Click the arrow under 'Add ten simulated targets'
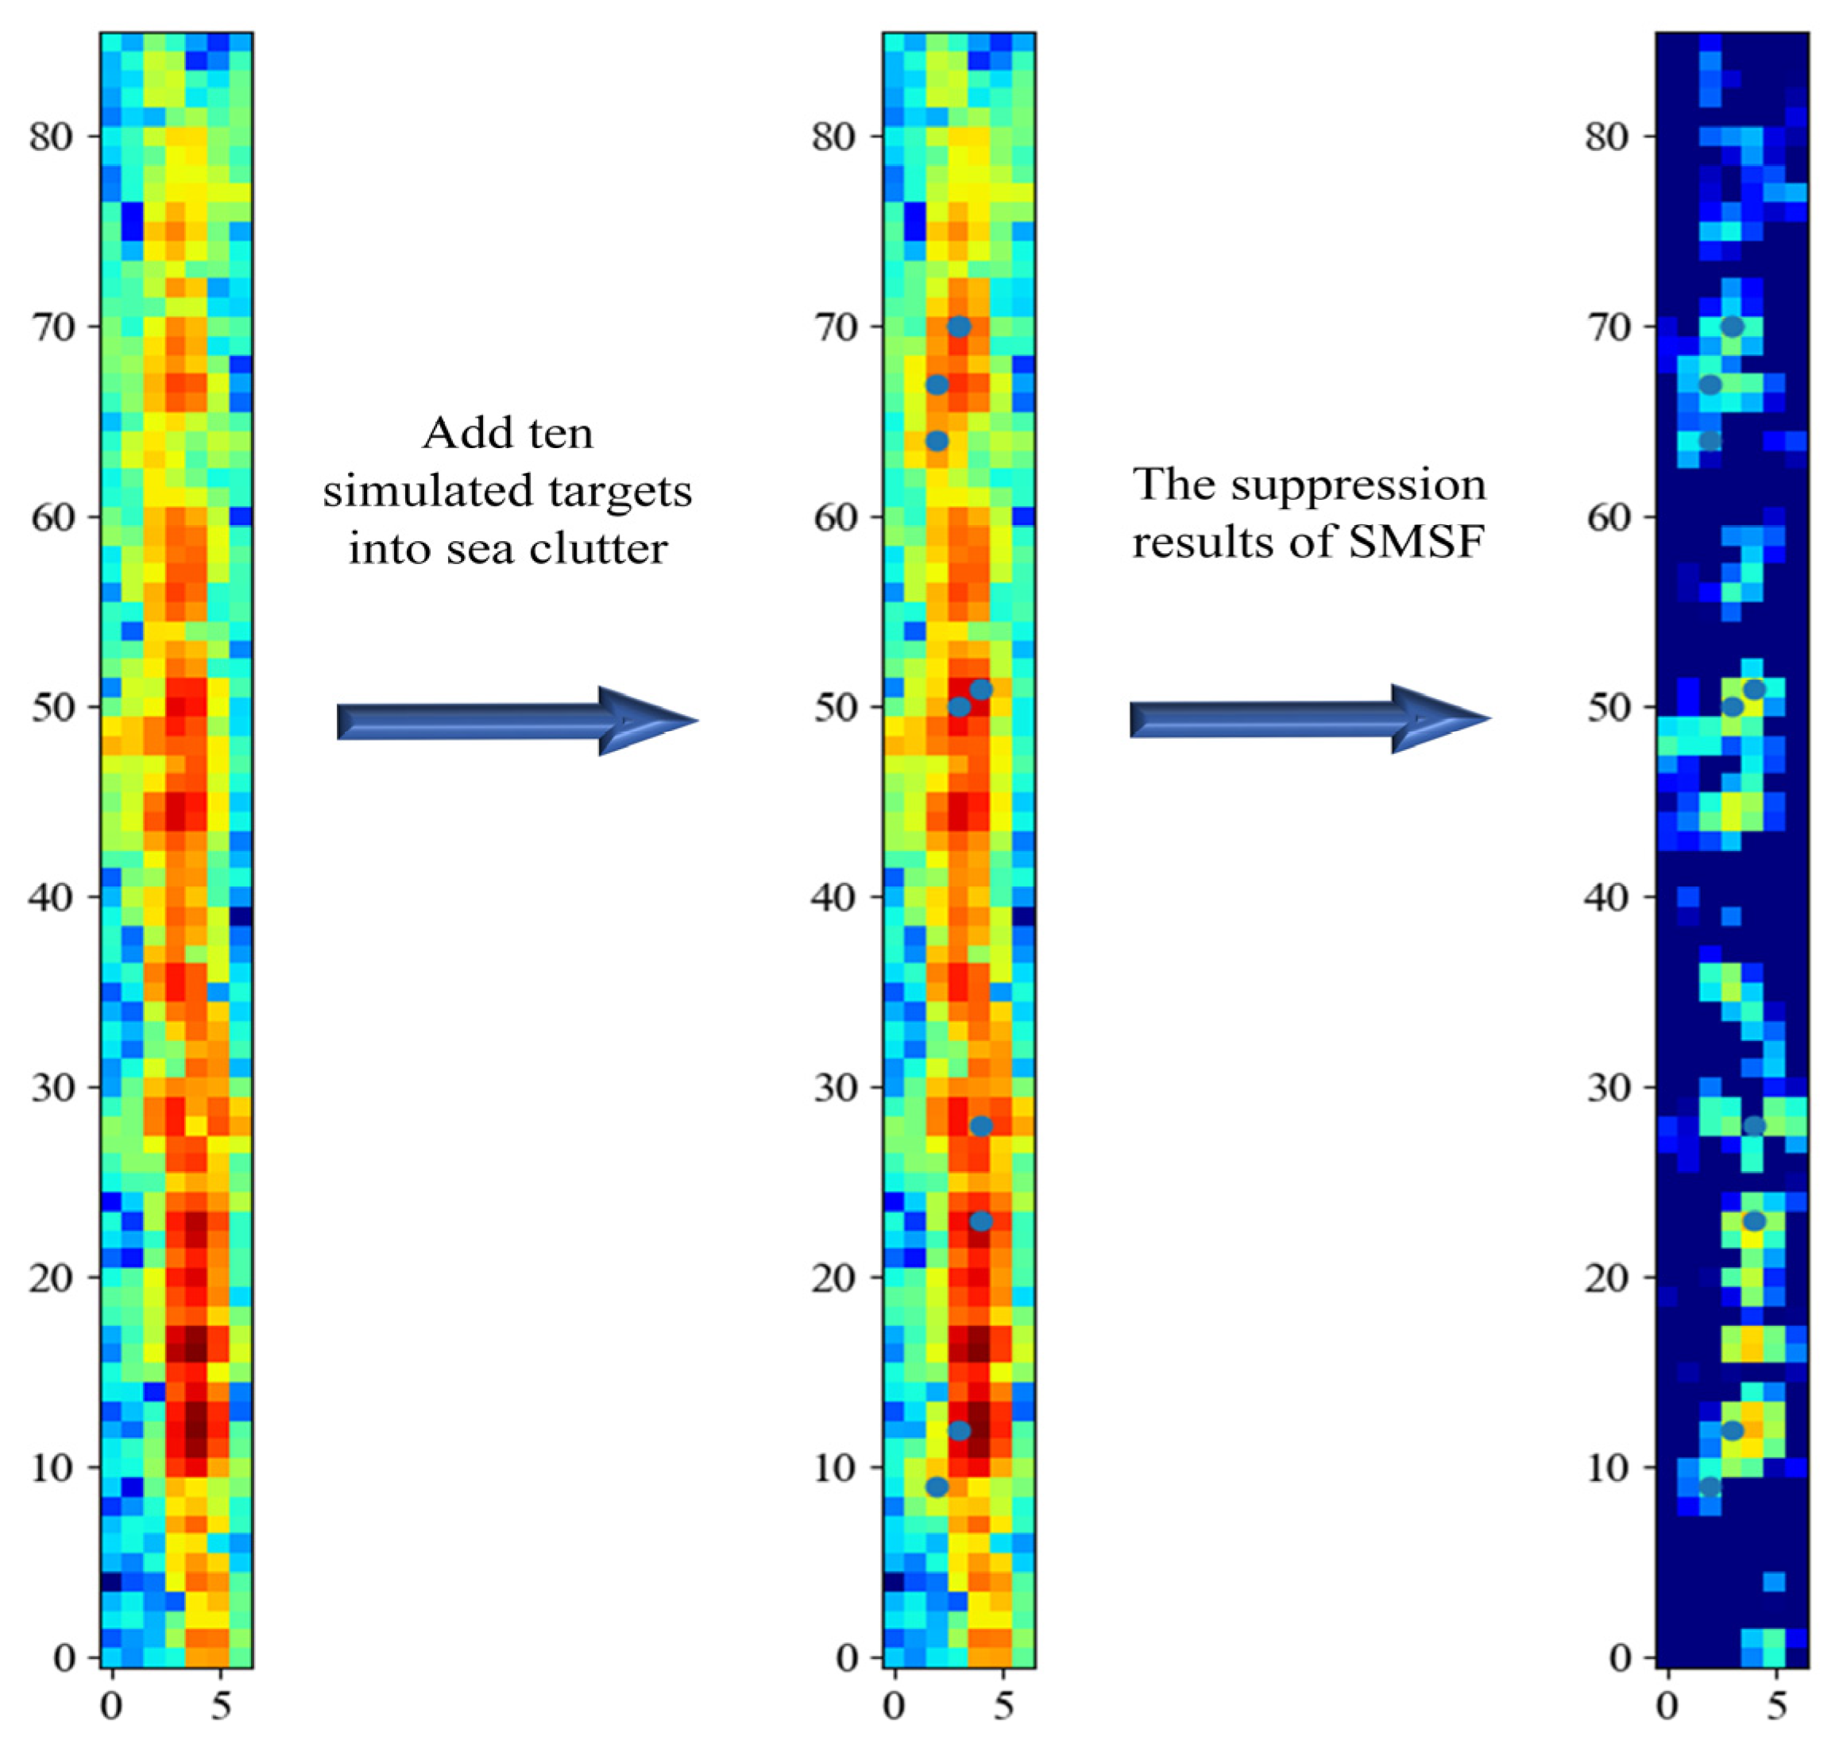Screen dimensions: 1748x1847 pyautogui.click(x=517, y=721)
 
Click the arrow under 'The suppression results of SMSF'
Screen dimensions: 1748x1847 pyautogui.click(x=1308, y=718)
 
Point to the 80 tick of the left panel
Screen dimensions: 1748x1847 pyautogui.click(x=50, y=137)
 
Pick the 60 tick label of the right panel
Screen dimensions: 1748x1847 pyautogui.click(x=1609, y=517)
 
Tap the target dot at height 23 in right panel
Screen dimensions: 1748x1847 pyautogui.click(x=1754, y=1220)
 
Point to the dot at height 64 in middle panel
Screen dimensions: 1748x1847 pyautogui.click(x=937, y=441)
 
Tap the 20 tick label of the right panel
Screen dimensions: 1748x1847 pyautogui.click(x=1609, y=1278)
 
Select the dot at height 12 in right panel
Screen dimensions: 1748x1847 pyautogui.click(x=1732, y=1430)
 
